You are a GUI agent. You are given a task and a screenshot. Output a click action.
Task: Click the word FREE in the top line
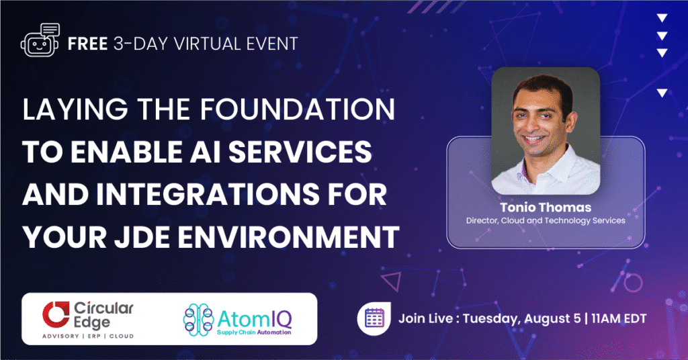tap(87, 44)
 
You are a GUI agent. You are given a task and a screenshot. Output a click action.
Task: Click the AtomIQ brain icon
tap(200, 318)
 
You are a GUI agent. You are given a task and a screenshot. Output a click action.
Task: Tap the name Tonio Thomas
tap(546, 207)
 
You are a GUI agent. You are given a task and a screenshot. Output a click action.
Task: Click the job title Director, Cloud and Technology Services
tap(546, 221)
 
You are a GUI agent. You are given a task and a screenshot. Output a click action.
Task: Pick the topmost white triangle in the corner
tap(662, 18)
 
